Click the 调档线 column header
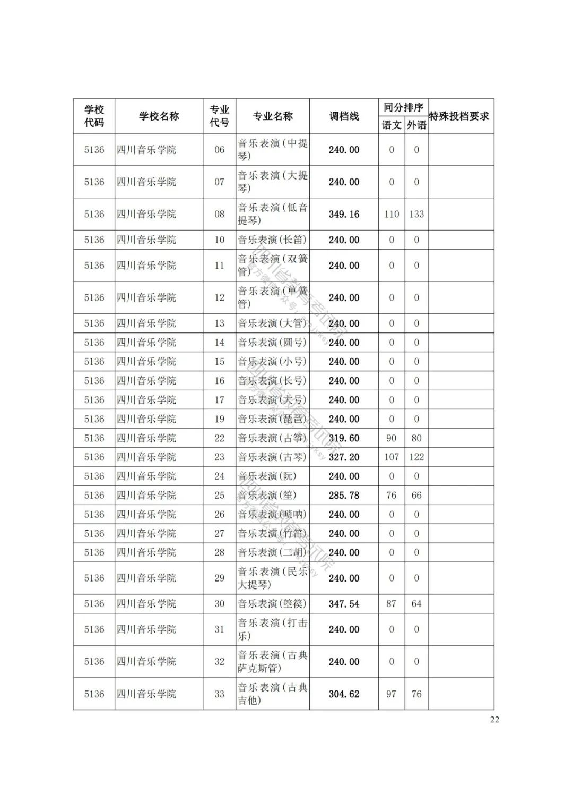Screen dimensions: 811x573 tap(344, 116)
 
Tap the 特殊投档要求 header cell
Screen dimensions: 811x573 tap(459, 116)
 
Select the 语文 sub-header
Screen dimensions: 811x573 tap(392, 125)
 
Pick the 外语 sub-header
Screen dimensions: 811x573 tap(416, 125)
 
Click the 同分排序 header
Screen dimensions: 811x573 tap(403, 107)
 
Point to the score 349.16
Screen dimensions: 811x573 tap(344, 214)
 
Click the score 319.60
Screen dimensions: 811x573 tap(344, 438)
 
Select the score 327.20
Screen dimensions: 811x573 tap(344, 457)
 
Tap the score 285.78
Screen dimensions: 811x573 tap(344, 496)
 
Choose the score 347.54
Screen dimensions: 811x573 tap(344, 604)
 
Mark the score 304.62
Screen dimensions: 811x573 tap(344, 694)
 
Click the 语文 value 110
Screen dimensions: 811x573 tap(392, 214)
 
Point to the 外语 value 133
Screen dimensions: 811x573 tap(416, 214)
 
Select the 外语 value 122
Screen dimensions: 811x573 tap(416, 457)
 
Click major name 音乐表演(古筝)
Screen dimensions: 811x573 tap(272, 438)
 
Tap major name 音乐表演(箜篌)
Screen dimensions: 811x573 tap(272, 604)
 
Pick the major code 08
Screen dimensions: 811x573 tap(220, 214)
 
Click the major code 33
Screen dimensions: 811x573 tap(220, 694)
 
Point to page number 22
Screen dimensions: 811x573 tap(494, 720)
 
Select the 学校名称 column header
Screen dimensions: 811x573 tap(159, 116)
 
